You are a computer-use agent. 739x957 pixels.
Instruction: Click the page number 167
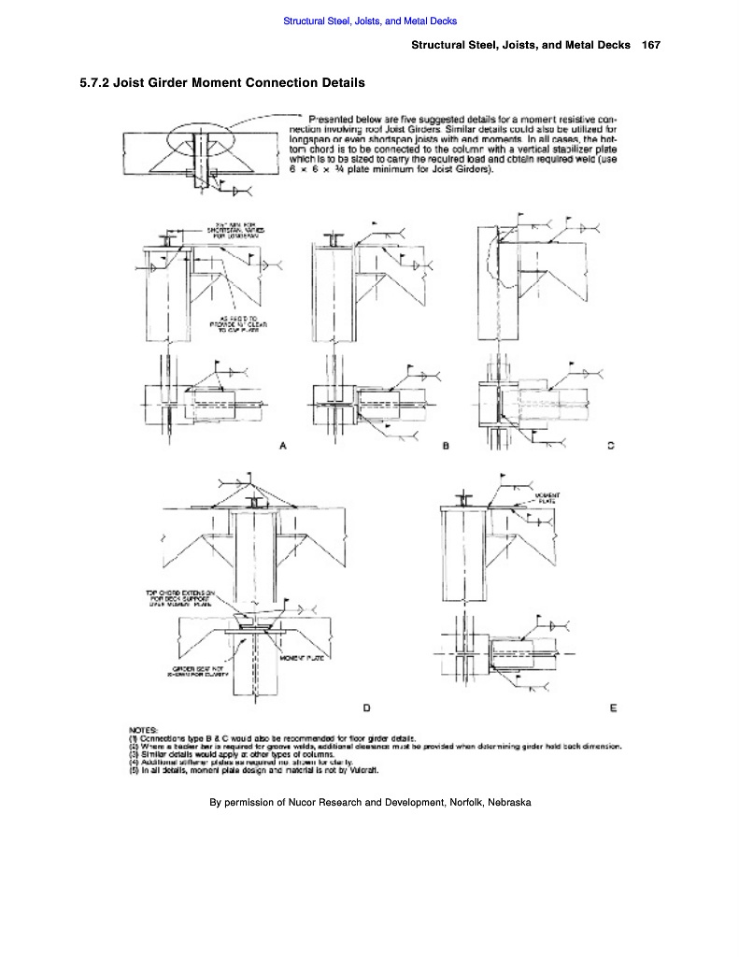pos(651,45)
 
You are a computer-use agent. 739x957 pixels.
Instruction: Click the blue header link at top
pos(369,21)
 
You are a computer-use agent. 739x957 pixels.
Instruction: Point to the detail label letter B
pos(447,446)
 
